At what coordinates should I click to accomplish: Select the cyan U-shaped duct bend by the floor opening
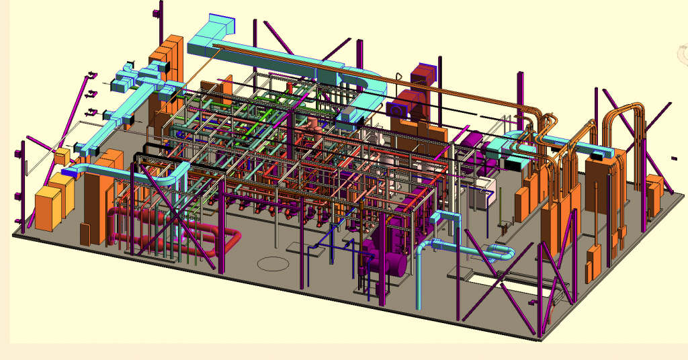500,253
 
